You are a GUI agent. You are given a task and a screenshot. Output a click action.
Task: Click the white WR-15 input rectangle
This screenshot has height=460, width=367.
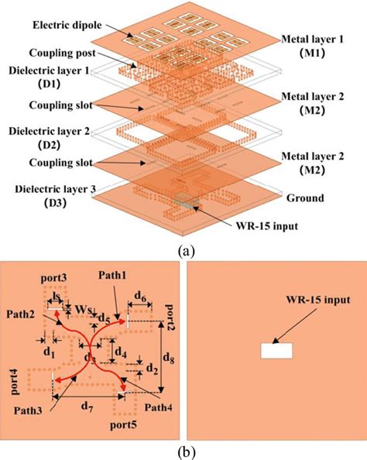[276, 350]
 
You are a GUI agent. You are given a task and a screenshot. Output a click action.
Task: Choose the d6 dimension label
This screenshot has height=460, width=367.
[142, 296]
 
